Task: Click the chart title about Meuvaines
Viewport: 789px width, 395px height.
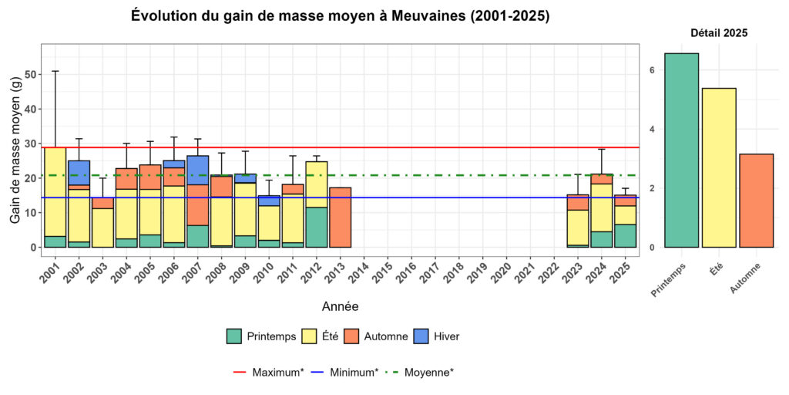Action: pyautogui.click(x=340, y=16)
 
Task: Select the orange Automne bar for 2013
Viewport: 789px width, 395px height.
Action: pyautogui.click(x=341, y=218)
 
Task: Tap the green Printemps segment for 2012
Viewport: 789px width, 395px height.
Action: pyautogui.click(x=317, y=227)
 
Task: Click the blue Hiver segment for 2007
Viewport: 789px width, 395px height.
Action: pyautogui.click(x=198, y=170)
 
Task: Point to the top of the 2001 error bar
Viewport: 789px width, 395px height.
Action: pyautogui.click(x=55, y=71)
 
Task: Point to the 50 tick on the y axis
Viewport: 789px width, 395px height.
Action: pyautogui.click(x=30, y=75)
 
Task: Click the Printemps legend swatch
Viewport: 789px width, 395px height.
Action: pyautogui.click(x=235, y=336)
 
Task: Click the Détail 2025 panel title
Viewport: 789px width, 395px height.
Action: pyautogui.click(x=718, y=33)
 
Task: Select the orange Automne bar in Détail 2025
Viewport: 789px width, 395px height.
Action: pyautogui.click(x=756, y=201)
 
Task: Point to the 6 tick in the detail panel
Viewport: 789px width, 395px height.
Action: pyautogui.click(x=651, y=70)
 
